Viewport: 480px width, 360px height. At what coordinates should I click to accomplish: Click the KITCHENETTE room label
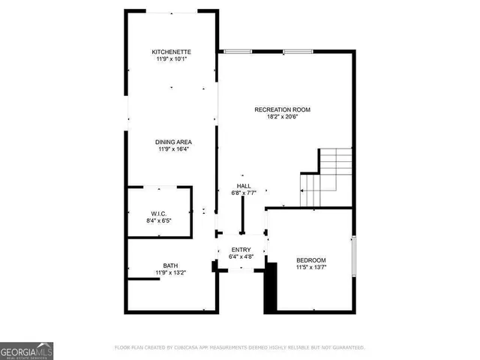[x=172, y=51]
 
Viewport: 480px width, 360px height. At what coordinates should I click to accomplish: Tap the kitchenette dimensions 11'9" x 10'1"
[x=172, y=58]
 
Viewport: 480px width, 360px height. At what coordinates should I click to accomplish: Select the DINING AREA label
[x=172, y=142]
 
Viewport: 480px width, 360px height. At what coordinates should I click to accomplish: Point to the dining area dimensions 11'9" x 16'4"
[x=172, y=149]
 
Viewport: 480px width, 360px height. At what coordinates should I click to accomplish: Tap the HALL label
[x=244, y=186]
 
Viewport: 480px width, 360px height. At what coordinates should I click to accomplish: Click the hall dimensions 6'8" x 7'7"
[x=244, y=193]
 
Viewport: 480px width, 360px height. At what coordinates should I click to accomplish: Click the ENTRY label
[x=240, y=250]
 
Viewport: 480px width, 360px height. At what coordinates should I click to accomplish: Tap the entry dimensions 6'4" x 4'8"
[x=240, y=257]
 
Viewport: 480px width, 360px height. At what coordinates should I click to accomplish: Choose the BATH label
[x=171, y=265]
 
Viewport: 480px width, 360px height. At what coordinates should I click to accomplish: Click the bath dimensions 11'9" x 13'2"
[x=171, y=273]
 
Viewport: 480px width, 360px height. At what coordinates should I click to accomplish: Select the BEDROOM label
[x=311, y=259]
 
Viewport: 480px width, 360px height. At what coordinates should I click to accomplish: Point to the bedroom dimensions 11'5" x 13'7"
[x=311, y=267]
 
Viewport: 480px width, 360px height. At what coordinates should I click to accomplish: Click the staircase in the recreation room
[x=328, y=177]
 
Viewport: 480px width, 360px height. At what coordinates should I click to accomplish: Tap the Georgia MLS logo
[x=26, y=349]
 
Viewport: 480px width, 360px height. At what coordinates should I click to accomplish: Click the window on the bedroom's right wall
[x=352, y=259]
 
